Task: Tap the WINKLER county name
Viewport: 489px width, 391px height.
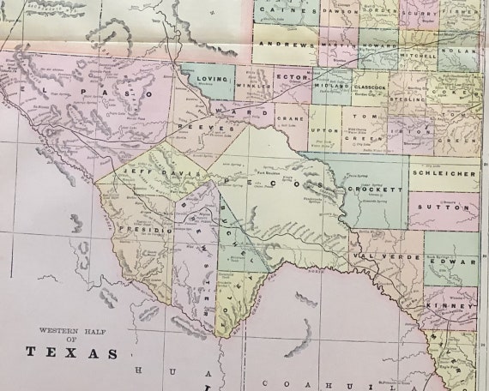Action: coord(250,85)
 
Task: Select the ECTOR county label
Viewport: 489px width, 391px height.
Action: coord(285,76)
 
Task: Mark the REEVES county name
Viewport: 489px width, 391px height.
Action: coord(206,127)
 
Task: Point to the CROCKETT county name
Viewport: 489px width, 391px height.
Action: coord(375,189)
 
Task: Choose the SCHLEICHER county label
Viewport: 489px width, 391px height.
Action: coord(444,172)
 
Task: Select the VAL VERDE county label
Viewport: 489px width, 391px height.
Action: coord(373,256)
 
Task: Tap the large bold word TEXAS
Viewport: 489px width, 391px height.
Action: coord(72,352)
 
